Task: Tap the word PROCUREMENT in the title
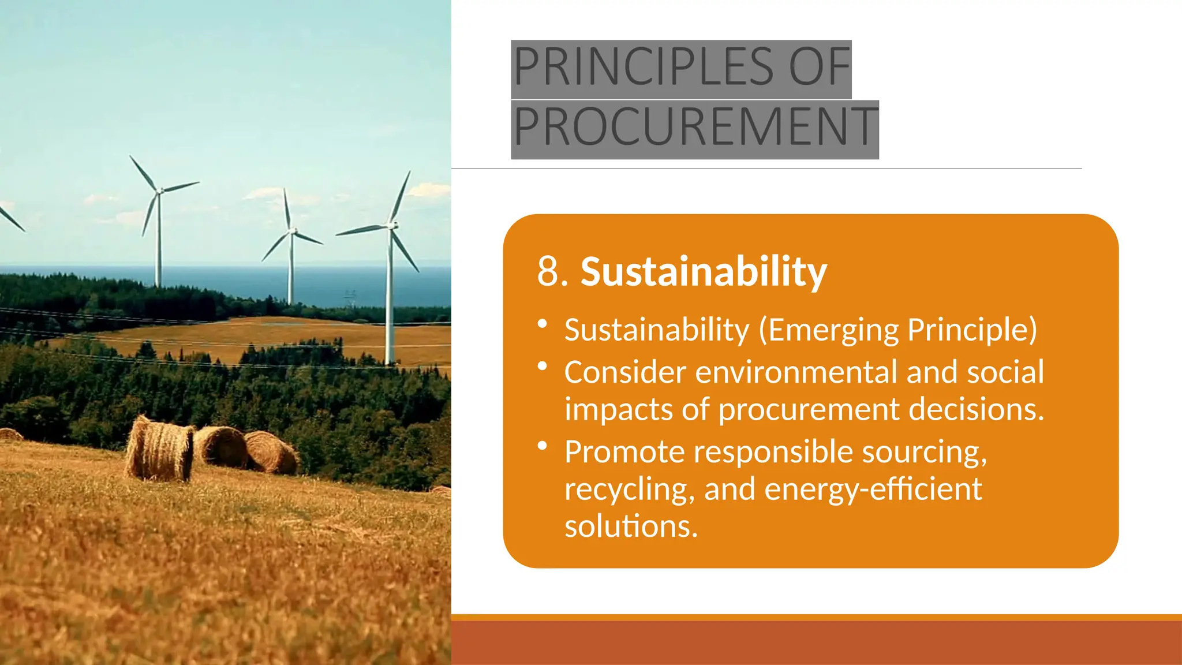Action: coord(695,127)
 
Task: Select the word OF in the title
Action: coord(820,66)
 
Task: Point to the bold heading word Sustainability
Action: coord(704,271)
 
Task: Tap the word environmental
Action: coord(796,372)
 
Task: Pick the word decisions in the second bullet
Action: coord(976,410)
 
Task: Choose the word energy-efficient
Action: coord(873,490)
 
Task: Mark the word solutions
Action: coord(631,526)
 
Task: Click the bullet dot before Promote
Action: coord(542,446)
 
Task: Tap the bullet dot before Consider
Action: coord(542,367)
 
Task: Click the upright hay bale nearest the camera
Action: coord(160,450)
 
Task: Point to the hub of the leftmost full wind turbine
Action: coord(160,190)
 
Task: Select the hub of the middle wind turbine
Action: coord(292,231)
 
